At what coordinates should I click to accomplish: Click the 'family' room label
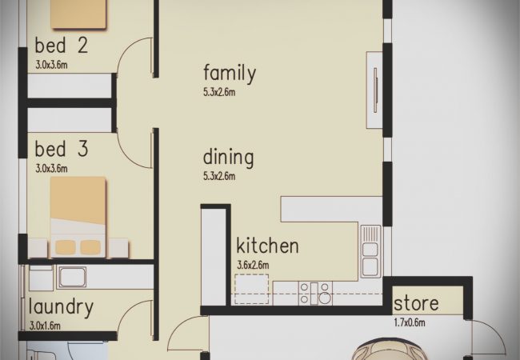point(230,74)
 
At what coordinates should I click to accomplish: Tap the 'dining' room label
point(228,157)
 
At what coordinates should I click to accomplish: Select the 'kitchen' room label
point(267,246)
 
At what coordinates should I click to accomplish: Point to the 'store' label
point(416,304)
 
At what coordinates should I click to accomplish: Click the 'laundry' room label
point(61,307)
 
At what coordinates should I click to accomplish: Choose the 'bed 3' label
point(62,149)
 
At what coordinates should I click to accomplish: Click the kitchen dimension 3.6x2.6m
point(253,265)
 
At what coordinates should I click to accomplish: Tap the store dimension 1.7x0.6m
point(410,322)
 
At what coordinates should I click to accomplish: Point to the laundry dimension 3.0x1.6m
point(45,326)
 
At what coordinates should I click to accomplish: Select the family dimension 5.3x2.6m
point(219,92)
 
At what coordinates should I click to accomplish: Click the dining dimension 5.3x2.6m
point(219,176)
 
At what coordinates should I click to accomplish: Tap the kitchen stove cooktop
point(315,293)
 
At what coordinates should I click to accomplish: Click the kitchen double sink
point(370,251)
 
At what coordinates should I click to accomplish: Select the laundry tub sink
point(72,277)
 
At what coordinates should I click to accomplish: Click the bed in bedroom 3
point(78,217)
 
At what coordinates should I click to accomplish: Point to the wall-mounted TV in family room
point(375,90)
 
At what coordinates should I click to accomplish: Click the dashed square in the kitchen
point(252,289)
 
